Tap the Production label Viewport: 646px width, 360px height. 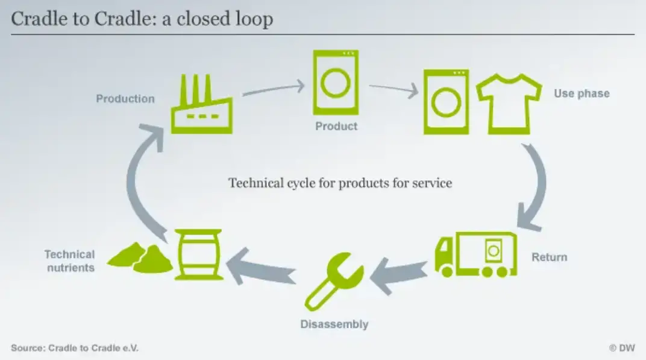click(125, 99)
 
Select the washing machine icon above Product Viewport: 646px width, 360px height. click(336, 83)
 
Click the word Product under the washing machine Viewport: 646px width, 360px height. click(336, 126)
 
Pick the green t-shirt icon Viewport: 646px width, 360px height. click(509, 103)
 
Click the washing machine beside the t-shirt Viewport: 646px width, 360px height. click(446, 102)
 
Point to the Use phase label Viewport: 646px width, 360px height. click(582, 93)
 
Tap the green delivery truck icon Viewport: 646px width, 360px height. click(475, 254)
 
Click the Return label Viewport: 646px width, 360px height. click(549, 257)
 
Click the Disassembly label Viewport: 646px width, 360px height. click(334, 324)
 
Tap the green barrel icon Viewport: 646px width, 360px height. click(198, 254)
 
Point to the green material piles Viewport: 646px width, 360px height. click(140, 258)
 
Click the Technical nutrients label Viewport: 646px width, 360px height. click(70, 261)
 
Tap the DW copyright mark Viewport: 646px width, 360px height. click(622, 348)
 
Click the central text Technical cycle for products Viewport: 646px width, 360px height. click(340, 183)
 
